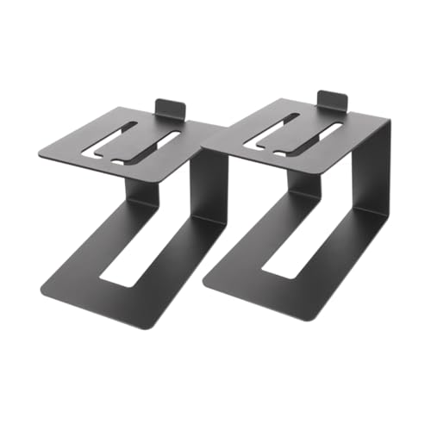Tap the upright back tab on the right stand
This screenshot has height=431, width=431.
point(334,102)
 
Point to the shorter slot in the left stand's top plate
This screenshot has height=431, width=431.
point(160,141)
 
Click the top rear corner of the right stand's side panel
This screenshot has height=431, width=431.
point(389,122)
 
